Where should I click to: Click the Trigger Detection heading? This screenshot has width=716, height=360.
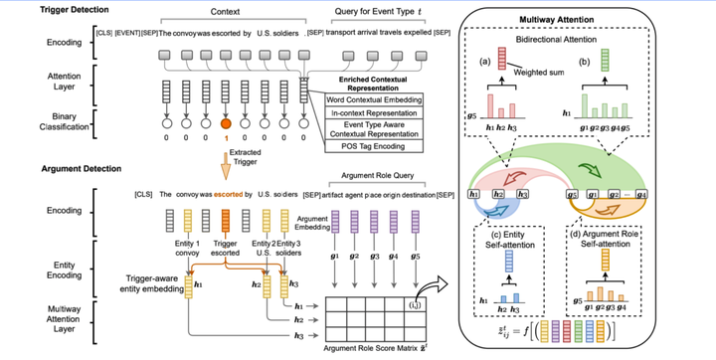(45, 10)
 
